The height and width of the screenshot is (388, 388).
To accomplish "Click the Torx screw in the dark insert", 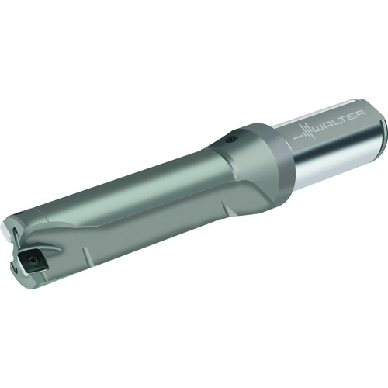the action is coord(33,258).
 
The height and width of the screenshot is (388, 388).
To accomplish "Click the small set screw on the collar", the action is coord(231,140).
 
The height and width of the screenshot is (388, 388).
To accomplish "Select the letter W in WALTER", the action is coord(324,126).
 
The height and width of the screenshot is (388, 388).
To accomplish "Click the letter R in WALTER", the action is coord(362,113).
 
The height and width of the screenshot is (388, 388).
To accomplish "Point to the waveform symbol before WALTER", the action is coord(305,131).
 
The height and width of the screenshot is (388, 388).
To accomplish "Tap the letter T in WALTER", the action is coord(348,119).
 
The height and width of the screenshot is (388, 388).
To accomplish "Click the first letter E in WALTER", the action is coord(355,116).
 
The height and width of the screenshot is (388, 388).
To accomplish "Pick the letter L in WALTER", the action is coord(341,121).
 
